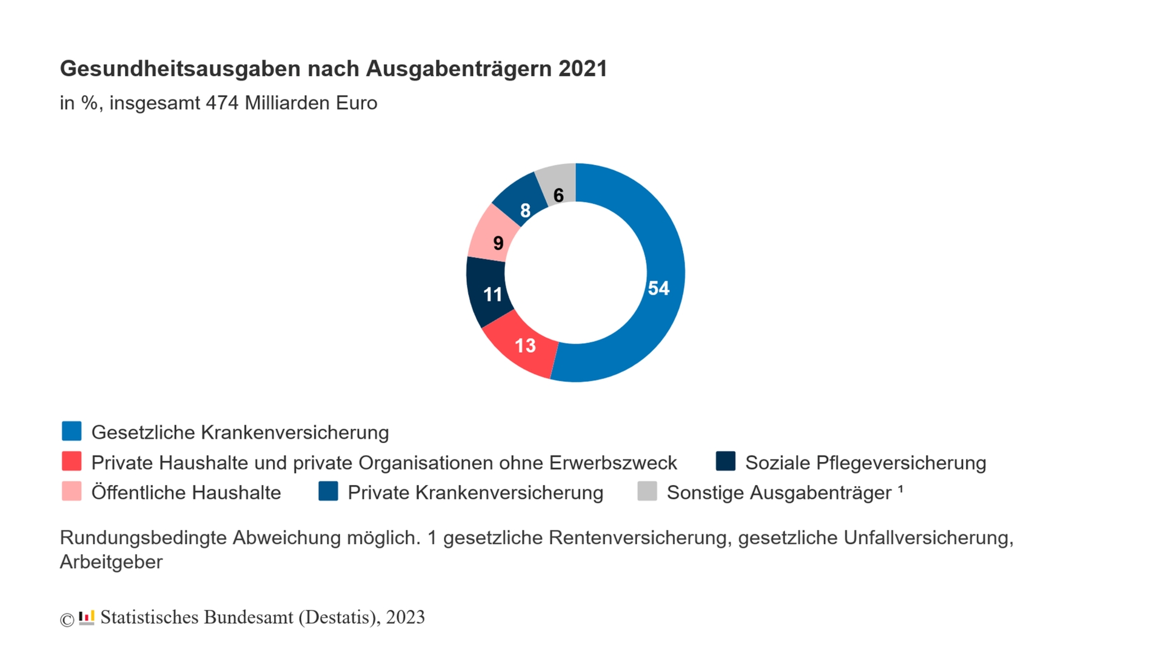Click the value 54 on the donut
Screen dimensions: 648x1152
tap(658, 288)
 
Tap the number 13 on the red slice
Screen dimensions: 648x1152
tap(525, 346)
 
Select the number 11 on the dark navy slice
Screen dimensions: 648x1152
tap(492, 295)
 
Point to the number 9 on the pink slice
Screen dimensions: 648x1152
tap(498, 243)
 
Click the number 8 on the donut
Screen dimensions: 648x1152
tap(525, 210)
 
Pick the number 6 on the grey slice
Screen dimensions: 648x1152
tap(558, 195)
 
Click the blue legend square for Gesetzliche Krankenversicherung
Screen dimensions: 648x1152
tap(72, 431)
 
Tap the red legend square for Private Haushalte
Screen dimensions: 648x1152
tap(72, 461)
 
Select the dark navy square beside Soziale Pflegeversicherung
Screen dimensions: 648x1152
tap(725, 461)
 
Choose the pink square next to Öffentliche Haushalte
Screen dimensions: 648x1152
tap(72, 491)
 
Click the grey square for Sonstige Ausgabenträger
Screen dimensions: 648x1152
tap(647, 491)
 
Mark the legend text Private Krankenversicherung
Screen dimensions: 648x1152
tap(475, 493)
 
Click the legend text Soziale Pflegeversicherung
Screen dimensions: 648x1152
tap(865, 463)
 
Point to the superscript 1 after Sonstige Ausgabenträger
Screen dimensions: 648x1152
tap(900, 488)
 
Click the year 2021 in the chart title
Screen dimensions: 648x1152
tap(583, 68)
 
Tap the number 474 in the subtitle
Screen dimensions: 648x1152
tap(223, 103)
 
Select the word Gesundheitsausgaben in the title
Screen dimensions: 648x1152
tap(180, 68)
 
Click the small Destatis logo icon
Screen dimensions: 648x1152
tap(87, 618)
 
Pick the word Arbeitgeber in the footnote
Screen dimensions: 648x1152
tap(111, 562)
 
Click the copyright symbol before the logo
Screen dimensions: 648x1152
tap(67, 620)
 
